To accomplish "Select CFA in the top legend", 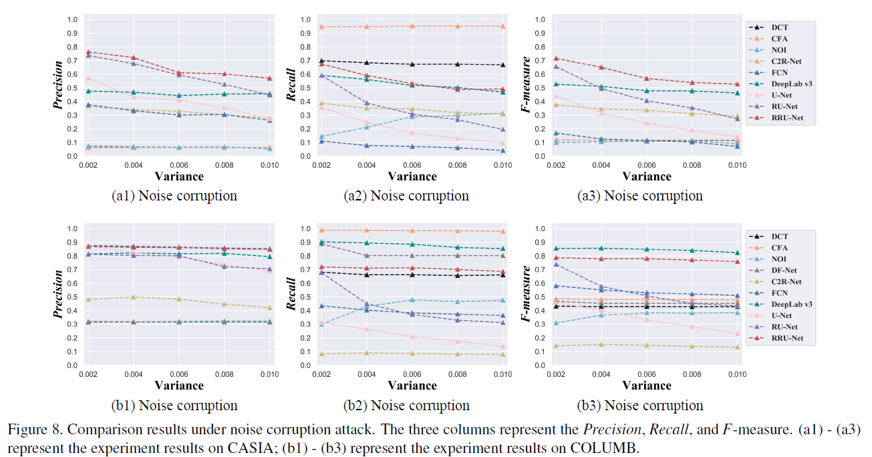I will click(x=779, y=38).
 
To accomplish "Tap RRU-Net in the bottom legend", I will click(x=786, y=339).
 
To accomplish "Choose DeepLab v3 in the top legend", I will click(x=790, y=84).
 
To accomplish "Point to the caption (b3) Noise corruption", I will click(x=640, y=406).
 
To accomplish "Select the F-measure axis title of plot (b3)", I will click(x=526, y=295).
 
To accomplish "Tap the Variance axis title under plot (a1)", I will click(x=178, y=176).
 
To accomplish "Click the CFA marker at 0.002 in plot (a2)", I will click(x=321, y=27).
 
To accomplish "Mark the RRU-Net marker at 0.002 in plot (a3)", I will click(x=555, y=58).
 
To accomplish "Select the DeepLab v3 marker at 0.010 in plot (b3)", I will click(x=737, y=253).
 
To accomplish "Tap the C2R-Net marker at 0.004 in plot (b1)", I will click(x=134, y=297).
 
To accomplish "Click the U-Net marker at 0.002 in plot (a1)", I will click(x=88, y=78).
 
